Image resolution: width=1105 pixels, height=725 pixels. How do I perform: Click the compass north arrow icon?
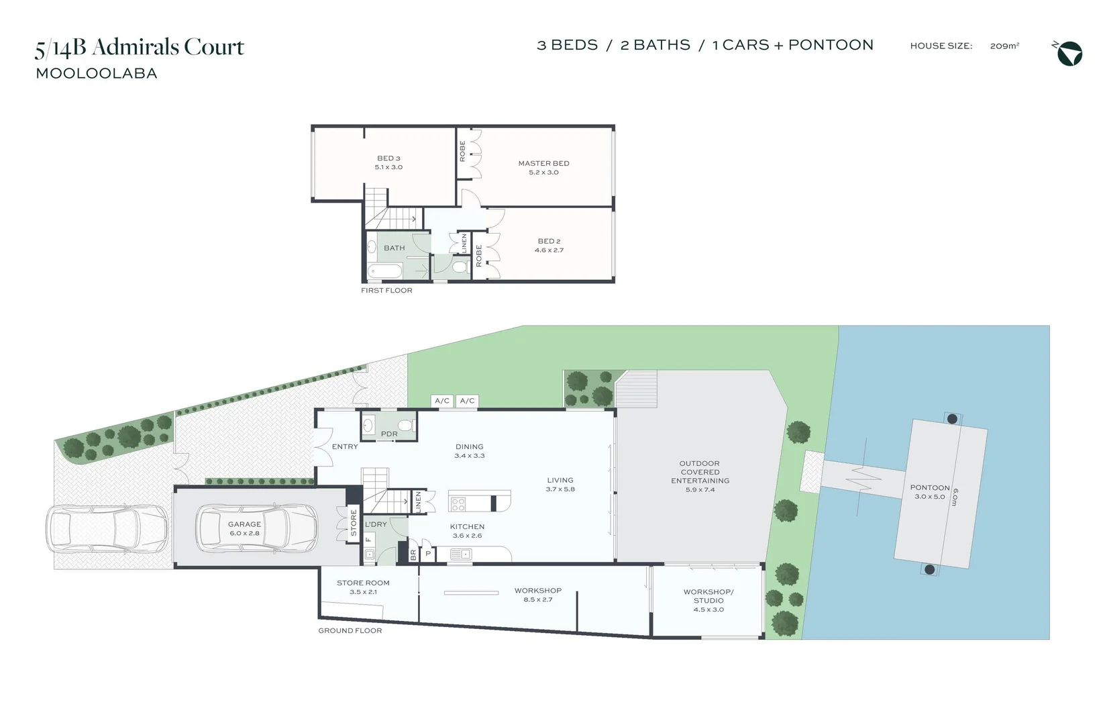click(x=1069, y=54)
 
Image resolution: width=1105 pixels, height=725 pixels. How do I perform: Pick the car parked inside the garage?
click(x=256, y=528)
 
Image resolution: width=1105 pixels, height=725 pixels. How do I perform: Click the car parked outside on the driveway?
click(x=107, y=528)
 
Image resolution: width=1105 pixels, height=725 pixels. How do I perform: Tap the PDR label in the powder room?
click(x=389, y=434)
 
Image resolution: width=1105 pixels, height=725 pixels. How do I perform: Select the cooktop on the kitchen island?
click(x=458, y=503)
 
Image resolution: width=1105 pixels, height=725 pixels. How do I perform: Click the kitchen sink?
click(x=461, y=554)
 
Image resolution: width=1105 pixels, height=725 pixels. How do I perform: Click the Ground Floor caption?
click(x=350, y=631)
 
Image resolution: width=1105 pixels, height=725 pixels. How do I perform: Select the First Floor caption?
click(x=386, y=291)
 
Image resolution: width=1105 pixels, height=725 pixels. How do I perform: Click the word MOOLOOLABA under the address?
click(x=97, y=74)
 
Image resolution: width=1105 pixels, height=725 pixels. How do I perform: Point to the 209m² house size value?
click(x=1004, y=46)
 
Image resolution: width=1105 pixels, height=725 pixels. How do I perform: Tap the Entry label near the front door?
click(x=345, y=446)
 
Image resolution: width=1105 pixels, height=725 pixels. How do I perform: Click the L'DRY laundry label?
click(x=376, y=524)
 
